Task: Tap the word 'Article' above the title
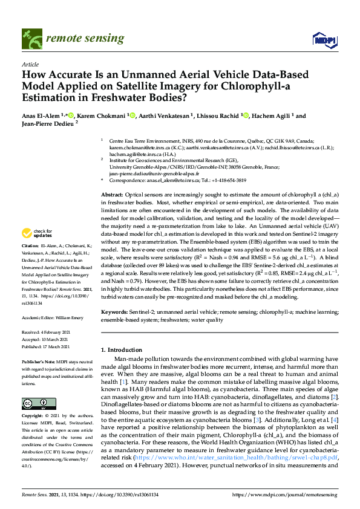(x=30, y=64)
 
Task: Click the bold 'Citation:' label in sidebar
(x=31, y=264)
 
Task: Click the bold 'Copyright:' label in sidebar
(x=33, y=417)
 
